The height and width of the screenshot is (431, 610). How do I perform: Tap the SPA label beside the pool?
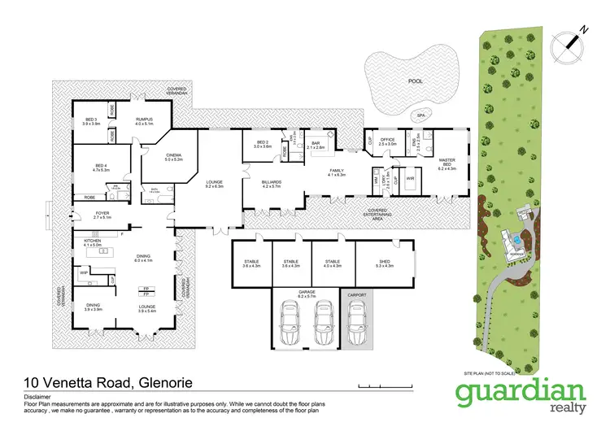coord(420,115)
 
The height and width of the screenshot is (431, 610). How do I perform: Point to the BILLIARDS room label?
coord(271,182)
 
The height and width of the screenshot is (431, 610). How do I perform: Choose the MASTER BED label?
coord(447,163)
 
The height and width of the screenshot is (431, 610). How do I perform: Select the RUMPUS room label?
coord(144,121)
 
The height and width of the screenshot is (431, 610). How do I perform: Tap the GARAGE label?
coord(305,295)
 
